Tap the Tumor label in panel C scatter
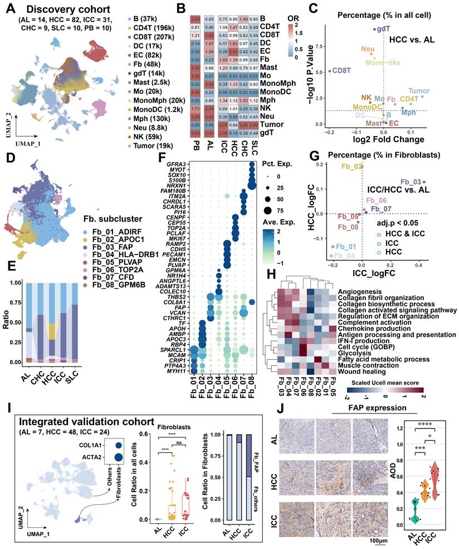(x=419, y=90)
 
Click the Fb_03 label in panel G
(x=411, y=182)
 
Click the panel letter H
(x=272, y=275)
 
